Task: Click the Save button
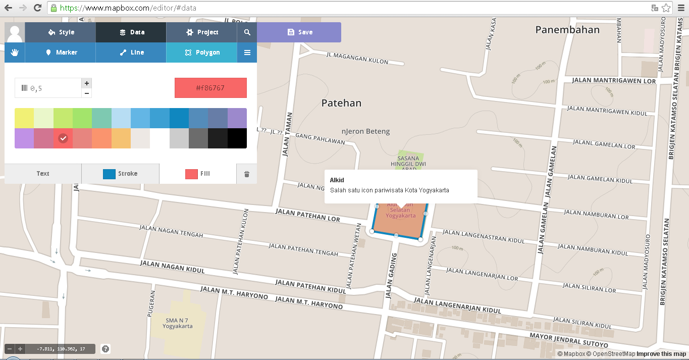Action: pos(299,32)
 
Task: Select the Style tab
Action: pos(61,32)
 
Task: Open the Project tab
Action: pos(201,32)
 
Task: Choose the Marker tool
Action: pos(61,53)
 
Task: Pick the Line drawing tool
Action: pos(131,53)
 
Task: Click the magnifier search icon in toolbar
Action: pos(247,32)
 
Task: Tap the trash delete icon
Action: pos(247,174)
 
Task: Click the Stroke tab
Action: pos(120,174)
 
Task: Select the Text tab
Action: pos(43,174)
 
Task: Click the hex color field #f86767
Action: pos(210,88)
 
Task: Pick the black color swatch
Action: pos(237,138)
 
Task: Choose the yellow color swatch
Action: pos(24,118)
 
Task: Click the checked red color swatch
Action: pos(63,138)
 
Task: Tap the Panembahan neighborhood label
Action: pos(567,30)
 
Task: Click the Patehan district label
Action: pos(341,103)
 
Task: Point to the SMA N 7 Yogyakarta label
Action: pos(178,323)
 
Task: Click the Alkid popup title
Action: pos(337,180)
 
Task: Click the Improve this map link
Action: pos(661,354)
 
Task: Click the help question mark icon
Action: pos(105,348)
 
